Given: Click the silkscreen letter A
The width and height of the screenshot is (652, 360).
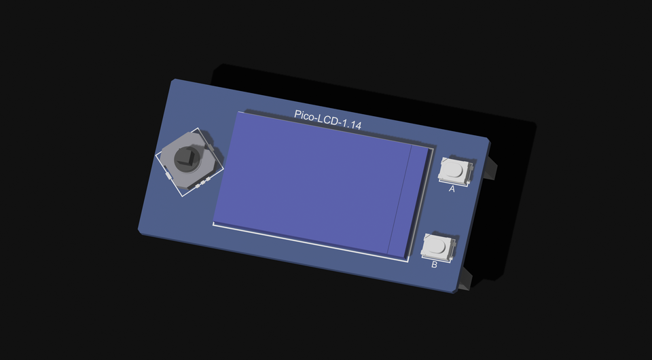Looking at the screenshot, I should tap(452, 190).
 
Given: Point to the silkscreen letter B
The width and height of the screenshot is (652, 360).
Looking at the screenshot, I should tap(435, 264).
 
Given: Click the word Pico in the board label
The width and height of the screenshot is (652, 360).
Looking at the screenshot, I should tap(305, 115).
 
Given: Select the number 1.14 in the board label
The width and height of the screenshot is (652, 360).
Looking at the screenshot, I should tap(351, 124).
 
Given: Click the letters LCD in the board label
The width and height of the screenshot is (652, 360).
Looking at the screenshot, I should tap(328, 120).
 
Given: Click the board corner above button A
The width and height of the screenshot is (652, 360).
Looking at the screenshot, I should tap(488, 140).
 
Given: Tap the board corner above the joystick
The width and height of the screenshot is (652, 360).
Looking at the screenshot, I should tap(173, 81).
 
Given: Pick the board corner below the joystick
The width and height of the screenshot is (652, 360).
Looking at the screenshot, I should tap(140, 231).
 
